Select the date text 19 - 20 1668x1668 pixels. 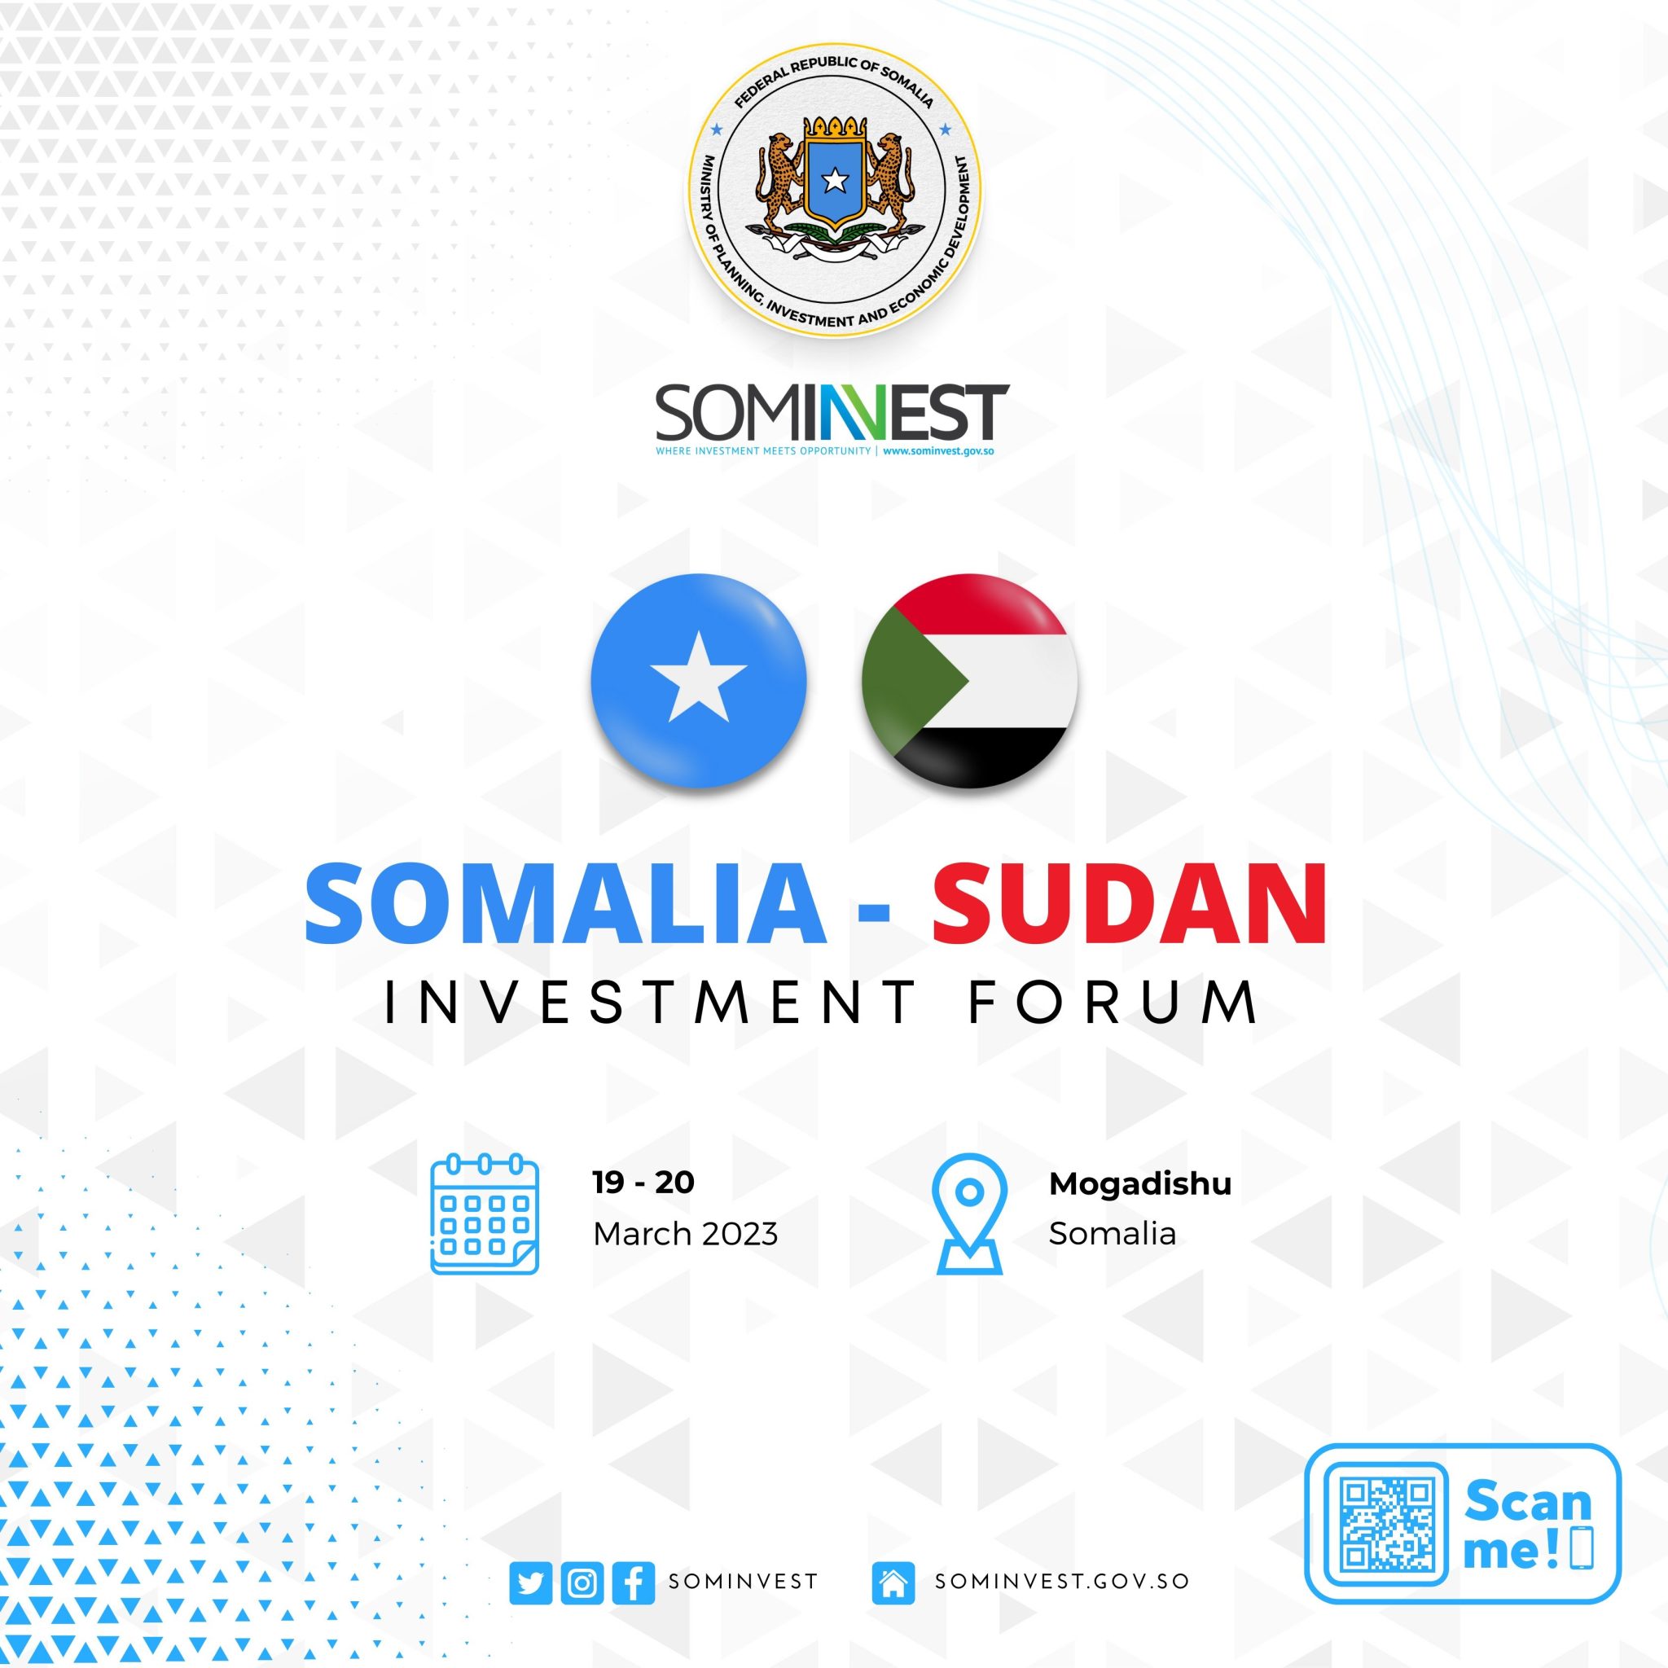(643, 1183)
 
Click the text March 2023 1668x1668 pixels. (686, 1235)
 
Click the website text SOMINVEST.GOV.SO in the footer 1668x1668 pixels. (1063, 1582)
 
